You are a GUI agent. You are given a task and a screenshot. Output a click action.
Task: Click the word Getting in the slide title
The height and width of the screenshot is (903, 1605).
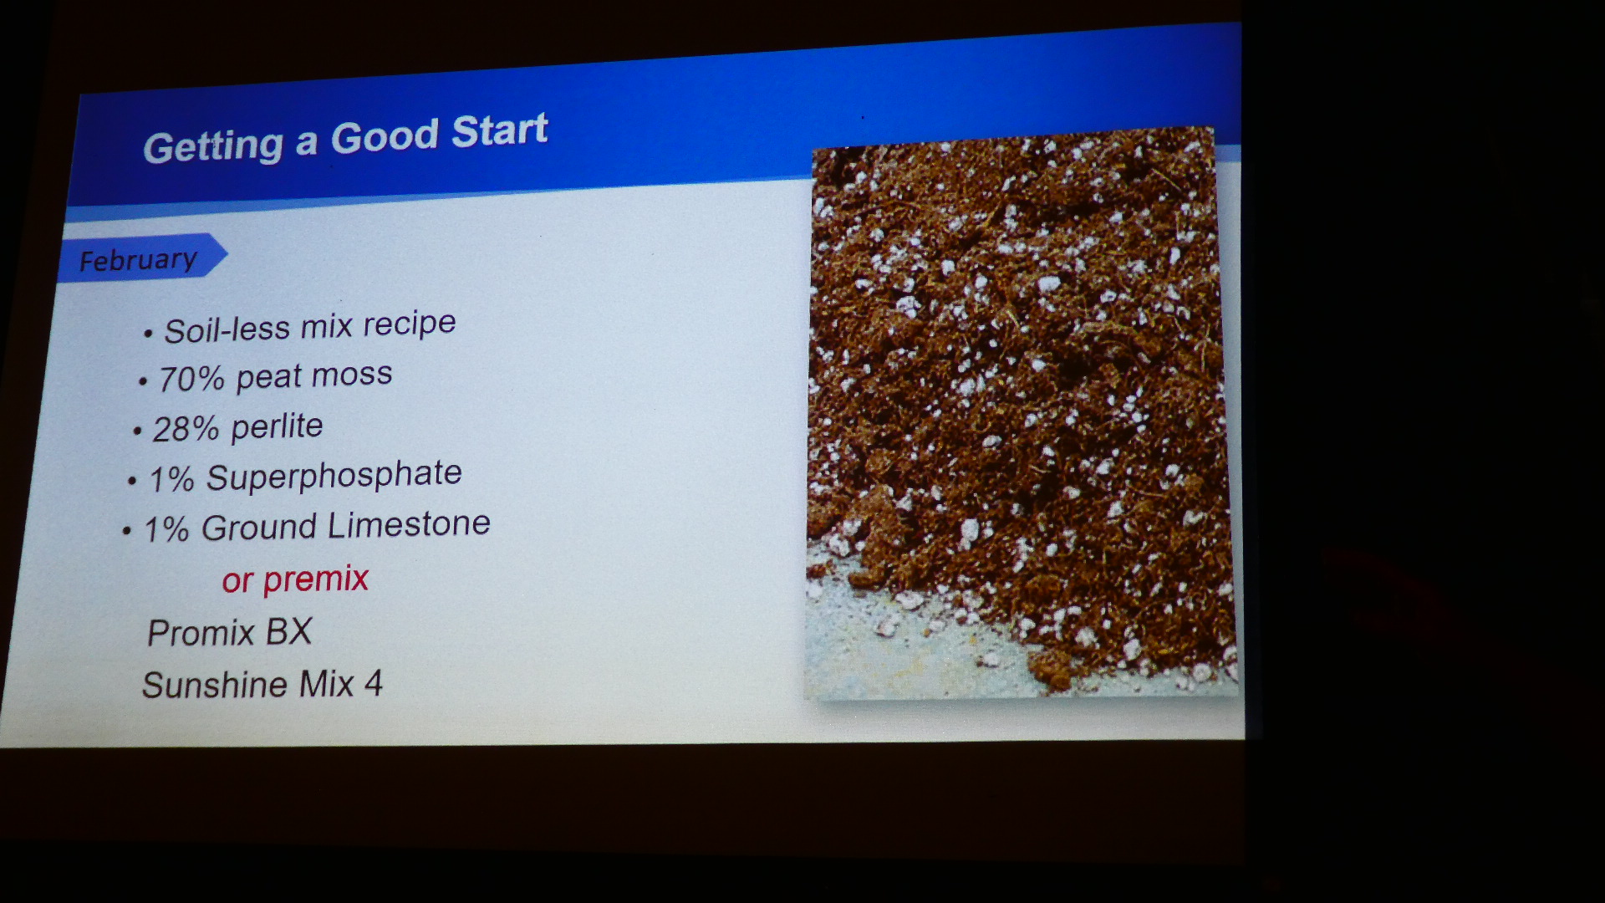click(213, 147)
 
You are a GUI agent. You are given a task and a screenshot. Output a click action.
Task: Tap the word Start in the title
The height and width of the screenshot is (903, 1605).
click(500, 131)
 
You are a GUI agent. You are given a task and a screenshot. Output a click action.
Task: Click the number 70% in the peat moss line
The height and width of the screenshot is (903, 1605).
click(191, 379)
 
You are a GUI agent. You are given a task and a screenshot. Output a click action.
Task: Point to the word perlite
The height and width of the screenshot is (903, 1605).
click(277, 426)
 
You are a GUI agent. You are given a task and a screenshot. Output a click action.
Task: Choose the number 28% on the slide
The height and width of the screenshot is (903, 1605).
click(186, 429)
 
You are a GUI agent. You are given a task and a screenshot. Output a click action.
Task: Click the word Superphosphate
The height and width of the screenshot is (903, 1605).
click(334, 476)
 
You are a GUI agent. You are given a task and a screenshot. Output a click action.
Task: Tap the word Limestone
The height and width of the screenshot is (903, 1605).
click(409, 524)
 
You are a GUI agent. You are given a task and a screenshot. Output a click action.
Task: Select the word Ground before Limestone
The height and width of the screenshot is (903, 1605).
click(258, 528)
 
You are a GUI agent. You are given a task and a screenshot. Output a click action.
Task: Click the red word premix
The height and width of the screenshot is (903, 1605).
click(316, 579)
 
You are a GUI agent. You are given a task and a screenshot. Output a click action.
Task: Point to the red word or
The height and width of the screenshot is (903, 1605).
click(237, 581)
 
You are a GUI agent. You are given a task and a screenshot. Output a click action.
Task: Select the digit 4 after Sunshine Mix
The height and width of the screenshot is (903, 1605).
click(374, 683)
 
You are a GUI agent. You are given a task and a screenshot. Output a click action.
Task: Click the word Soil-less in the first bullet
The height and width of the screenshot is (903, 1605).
click(227, 329)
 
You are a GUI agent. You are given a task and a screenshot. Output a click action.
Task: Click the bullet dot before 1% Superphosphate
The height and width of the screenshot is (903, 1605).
click(132, 482)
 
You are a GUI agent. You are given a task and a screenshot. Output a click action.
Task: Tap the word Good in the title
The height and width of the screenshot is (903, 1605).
click(385, 136)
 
